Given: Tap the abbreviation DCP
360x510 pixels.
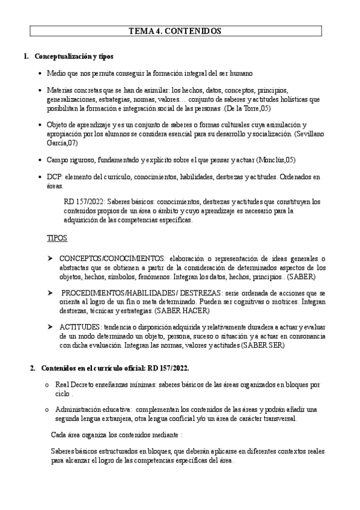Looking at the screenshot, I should [x=55, y=177].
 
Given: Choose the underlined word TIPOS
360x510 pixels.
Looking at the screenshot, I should [x=58, y=238].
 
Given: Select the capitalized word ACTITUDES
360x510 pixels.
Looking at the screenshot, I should [x=78, y=326].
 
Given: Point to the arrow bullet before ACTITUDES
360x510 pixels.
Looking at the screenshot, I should [x=50, y=326].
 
